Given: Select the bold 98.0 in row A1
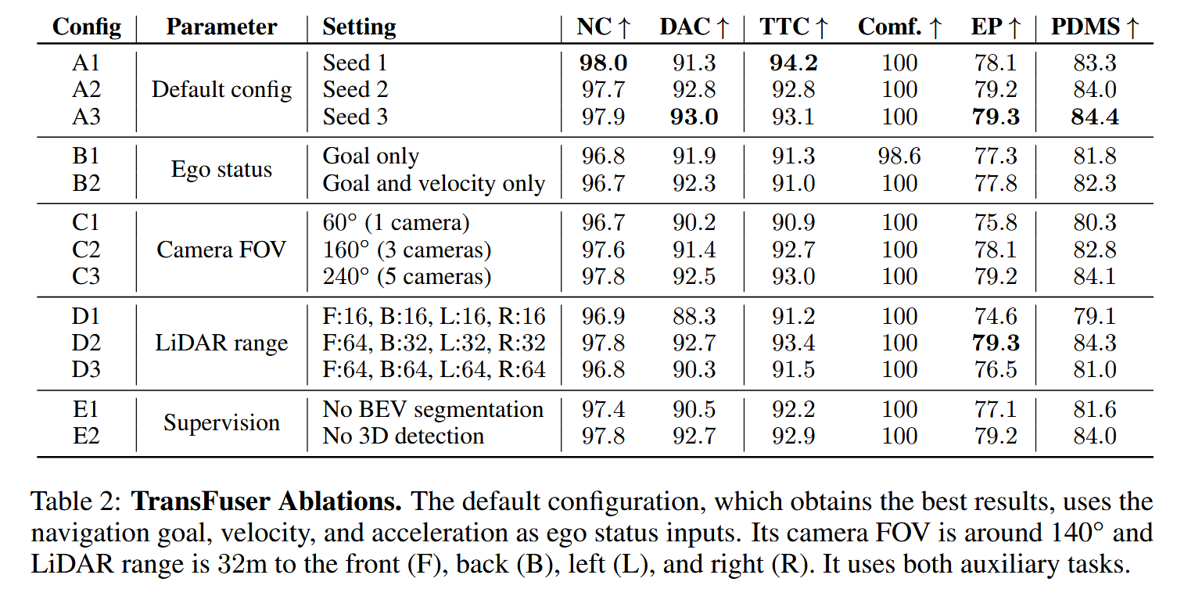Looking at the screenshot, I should [603, 63].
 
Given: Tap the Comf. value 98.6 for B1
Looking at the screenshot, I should [899, 156].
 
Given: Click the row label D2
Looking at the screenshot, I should [87, 343].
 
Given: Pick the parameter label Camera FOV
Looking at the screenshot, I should [221, 250].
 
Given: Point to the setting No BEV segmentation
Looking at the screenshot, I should [432, 409].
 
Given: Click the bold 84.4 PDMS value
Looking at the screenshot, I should [1094, 117].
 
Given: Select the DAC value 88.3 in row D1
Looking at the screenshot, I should [694, 316].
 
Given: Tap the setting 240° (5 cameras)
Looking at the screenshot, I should [407, 276].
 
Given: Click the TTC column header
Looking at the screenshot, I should [794, 27].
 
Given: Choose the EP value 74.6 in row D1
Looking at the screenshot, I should [996, 316].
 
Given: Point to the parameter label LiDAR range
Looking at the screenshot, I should [221, 343].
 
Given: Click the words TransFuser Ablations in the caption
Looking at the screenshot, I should [266, 501].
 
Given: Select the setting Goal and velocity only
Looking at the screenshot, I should [433, 183].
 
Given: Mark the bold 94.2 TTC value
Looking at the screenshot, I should [794, 63].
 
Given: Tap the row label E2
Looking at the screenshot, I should [87, 436].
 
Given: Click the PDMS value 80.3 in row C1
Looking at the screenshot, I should [1094, 223].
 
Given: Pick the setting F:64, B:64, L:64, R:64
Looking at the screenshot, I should [434, 369].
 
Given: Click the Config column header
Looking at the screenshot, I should [87, 27].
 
